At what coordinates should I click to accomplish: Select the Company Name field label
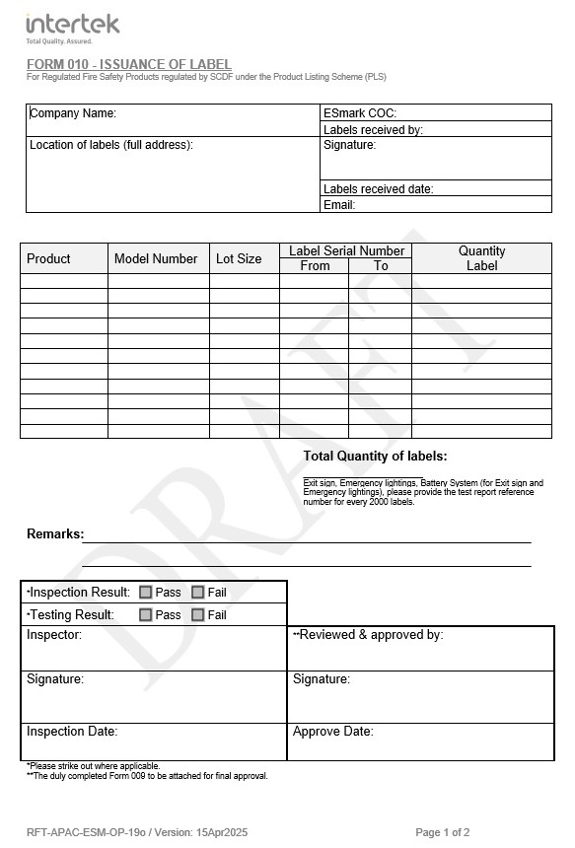(x=73, y=113)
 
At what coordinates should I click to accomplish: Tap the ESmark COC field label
(x=359, y=113)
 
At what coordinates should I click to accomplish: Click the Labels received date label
(x=378, y=189)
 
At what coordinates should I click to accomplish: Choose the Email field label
(x=339, y=205)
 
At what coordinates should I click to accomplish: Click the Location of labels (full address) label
(x=111, y=145)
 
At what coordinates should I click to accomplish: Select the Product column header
(x=48, y=259)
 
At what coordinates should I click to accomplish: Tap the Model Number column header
(x=156, y=259)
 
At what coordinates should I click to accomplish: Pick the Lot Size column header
(x=239, y=259)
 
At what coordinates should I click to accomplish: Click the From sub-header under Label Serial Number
(x=315, y=266)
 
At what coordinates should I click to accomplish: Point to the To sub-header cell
(x=381, y=266)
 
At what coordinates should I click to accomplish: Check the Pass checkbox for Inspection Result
(x=146, y=593)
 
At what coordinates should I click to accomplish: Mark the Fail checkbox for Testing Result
(x=197, y=615)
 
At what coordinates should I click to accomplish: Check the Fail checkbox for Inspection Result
(x=197, y=593)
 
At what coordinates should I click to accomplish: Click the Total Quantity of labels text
(x=375, y=457)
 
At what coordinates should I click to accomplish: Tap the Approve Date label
(x=332, y=732)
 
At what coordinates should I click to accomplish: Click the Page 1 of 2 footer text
(x=443, y=833)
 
